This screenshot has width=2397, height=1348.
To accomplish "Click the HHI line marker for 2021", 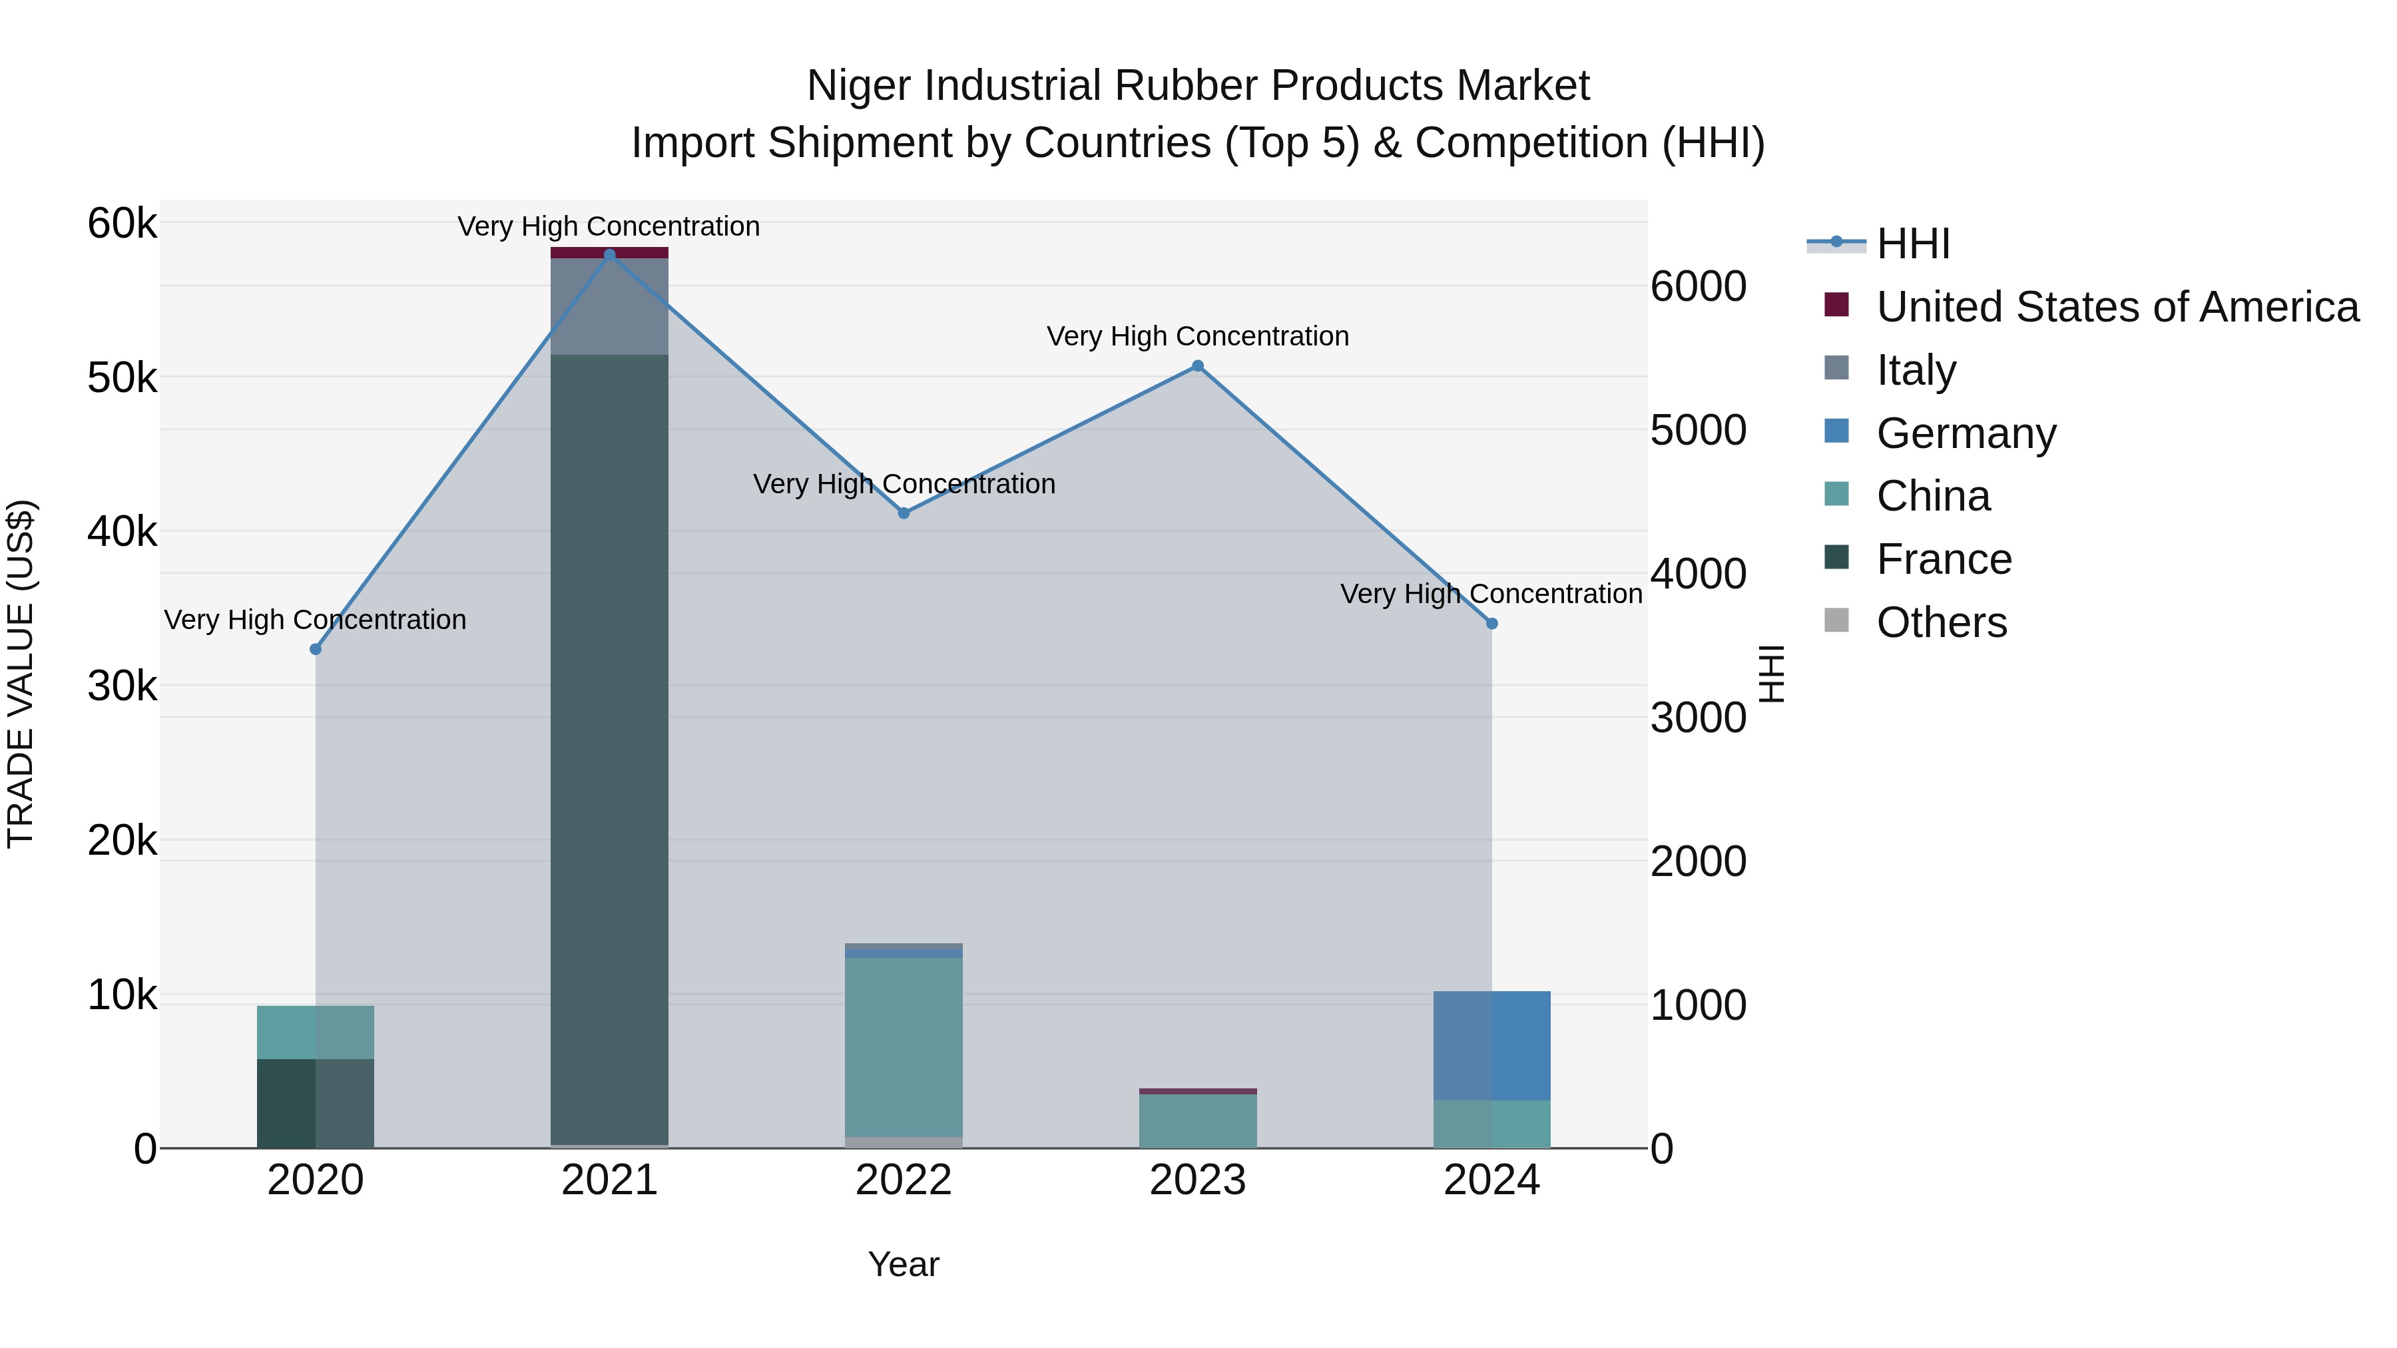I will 609,255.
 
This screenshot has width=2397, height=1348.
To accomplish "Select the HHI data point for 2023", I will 1198,365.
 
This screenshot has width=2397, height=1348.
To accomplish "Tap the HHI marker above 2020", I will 316,649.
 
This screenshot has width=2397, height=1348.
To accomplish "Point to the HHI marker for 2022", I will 904,513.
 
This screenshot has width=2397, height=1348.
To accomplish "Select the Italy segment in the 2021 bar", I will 609,307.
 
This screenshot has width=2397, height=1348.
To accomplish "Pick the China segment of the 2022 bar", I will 904,1046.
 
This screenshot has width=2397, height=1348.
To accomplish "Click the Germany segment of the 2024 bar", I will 1491,1046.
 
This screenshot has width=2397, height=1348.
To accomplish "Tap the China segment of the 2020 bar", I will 316,1032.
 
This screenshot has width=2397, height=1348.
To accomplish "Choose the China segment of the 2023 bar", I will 1198,1121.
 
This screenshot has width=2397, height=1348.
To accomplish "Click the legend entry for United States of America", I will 2117,307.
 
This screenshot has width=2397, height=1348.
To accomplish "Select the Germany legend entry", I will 1966,433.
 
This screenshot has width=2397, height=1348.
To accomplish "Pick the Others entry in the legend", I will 1941,622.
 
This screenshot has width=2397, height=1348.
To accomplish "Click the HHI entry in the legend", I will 1912,244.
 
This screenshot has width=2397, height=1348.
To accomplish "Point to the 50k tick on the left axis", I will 122,377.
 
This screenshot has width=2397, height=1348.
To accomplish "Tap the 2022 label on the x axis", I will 904,1180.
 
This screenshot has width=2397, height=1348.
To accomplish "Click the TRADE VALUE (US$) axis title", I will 21,674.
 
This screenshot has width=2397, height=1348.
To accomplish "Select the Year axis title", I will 904,1264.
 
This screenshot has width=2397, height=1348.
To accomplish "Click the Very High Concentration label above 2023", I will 1198,336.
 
